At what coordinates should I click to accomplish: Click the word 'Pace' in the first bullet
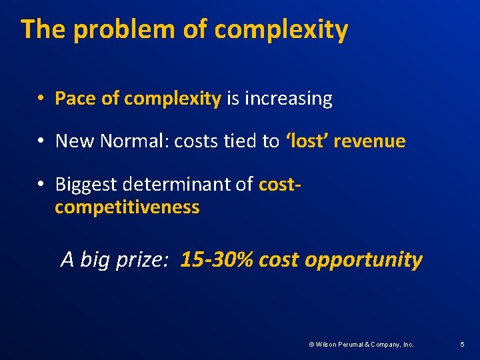[75, 99]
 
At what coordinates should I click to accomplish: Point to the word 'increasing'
[288, 99]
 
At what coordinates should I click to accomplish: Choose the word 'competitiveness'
[127, 207]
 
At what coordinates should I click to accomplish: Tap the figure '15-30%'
[217, 259]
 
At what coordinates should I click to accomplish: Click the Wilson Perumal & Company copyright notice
[361, 345]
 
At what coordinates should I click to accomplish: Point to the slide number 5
[462, 345]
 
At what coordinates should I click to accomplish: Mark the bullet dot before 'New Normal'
[41, 142]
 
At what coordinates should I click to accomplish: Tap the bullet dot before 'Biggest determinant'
[41, 185]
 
